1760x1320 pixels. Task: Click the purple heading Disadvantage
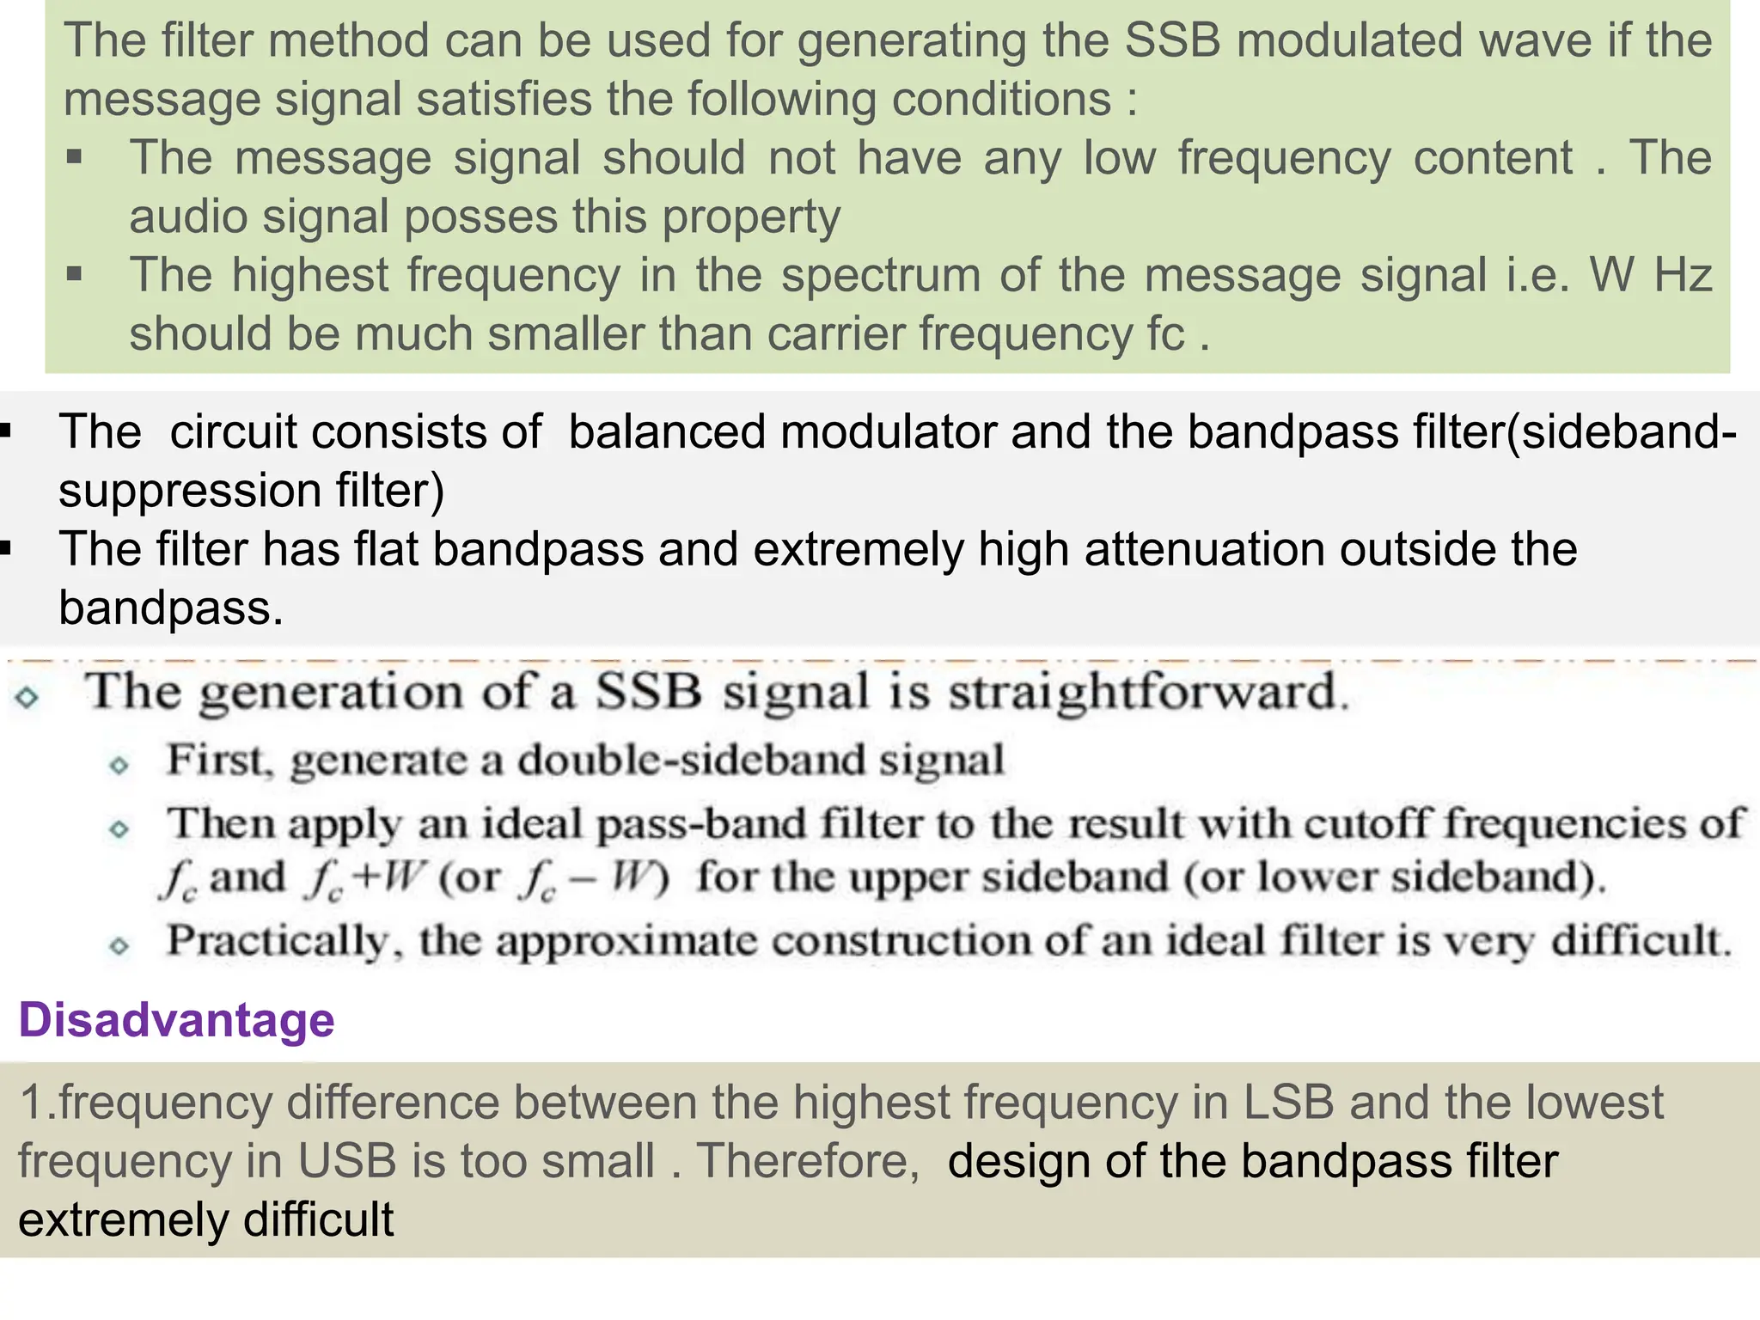pyautogui.click(x=176, y=1020)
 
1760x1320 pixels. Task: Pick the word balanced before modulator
pyautogui.click(x=666, y=431)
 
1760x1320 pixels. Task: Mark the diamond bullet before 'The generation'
pyautogui.click(x=27, y=697)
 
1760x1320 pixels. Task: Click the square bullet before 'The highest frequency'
pyautogui.click(x=75, y=275)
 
